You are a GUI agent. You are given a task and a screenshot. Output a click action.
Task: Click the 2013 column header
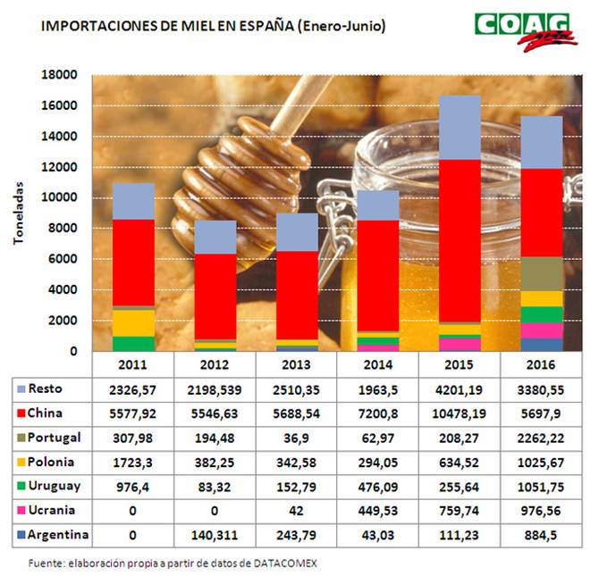point(297,364)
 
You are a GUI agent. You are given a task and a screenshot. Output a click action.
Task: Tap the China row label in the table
point(46,413)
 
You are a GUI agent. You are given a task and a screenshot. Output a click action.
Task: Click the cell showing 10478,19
point(459,414)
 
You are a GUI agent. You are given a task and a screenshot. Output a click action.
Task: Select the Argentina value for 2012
point(215,534)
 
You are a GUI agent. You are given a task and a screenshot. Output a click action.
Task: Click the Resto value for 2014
point(377,390)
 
